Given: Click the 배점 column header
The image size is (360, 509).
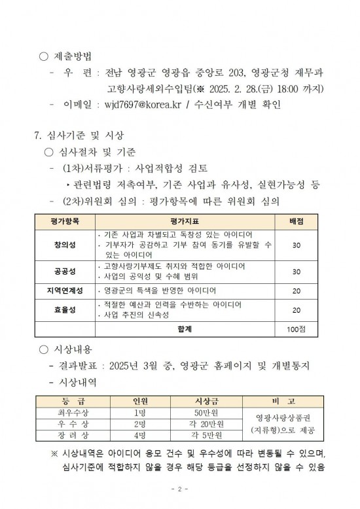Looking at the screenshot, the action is [296, 221].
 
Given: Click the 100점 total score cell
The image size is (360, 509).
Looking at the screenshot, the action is [296, 328].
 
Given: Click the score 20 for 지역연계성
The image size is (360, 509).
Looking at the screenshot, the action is [296, 290].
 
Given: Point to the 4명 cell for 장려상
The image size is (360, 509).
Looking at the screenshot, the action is [139, 434].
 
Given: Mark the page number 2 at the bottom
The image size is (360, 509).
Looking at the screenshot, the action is [180, 489].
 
